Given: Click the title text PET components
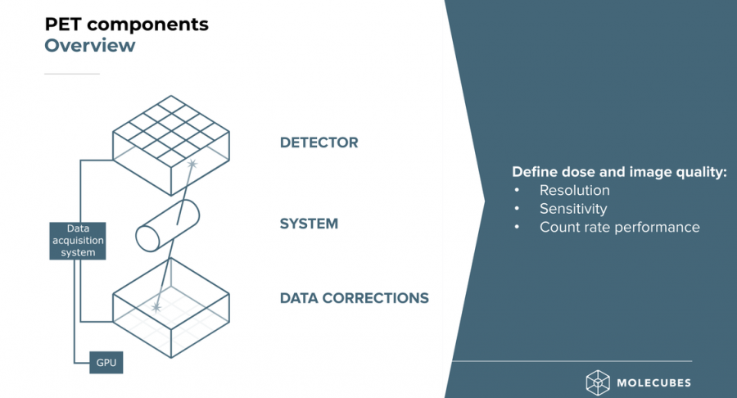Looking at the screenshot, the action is pyautogui.click(x=126, y=25).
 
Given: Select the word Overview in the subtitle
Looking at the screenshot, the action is pyautogui.click(x=90, y=46).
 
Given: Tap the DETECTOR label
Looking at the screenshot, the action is pyautogui.click(x=319, y=142).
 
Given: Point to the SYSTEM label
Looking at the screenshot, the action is pyautogui.click(x=309, y=224).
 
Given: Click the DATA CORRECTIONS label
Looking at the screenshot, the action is pyautogui.click(x=355, y=298).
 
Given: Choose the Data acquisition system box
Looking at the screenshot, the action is pyautogui.click(x=78, y=241).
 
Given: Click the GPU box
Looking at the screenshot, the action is pyautogui.click(x=106, y=363).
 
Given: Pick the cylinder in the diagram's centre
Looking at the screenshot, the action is pyautogui.click(x=167, y=225).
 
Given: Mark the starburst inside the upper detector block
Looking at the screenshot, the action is pyautogui.click(x=192, y=164).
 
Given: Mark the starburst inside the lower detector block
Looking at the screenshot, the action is pyautogui.click(x=156, y=307).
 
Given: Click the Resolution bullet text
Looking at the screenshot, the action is pyautogui.click(x=574, y=190).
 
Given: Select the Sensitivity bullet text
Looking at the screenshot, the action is pyautogui.click(x=573, y=209).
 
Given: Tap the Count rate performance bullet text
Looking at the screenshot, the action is pyautogui.click(x=620, y=227).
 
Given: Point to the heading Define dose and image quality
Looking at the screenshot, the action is pyautogui.click(x=619, y=172).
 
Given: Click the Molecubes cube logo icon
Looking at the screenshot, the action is pyautogui.click(x=598, y=382).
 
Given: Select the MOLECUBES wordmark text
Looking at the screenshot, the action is pyautogui.click(x=653, y=383).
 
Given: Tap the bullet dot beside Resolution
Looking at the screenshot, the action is pyautogui.click(x=517, y=190).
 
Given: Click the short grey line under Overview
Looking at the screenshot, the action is pyautogui.click(x=72, y=74).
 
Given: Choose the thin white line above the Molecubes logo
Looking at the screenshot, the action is pyautogui.click(x=572, y=361).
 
